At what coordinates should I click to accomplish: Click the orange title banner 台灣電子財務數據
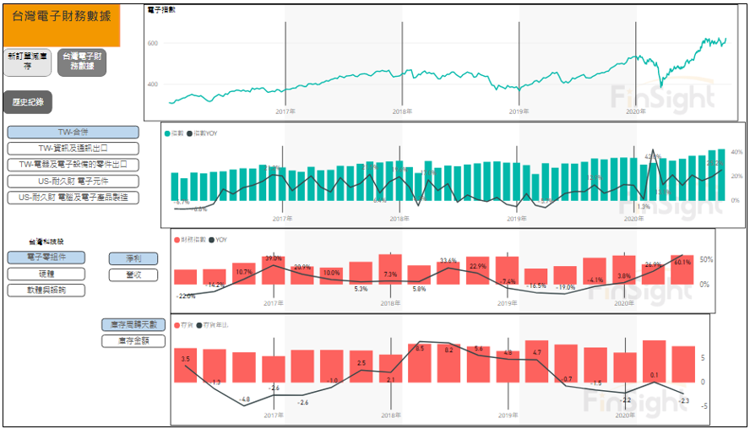coord(62,24)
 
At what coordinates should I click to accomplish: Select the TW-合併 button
coord(73,133)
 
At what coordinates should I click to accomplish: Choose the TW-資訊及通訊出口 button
coord(73,149)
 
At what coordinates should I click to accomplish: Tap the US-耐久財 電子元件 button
coord(73,181)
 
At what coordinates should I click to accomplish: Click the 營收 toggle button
coord(133,274)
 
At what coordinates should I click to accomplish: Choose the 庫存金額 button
coord(133,340)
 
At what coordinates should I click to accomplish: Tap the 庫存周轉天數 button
coord(133,324)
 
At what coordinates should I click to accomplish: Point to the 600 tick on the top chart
coord(153,43)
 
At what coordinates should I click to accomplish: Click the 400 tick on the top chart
coord(153,84)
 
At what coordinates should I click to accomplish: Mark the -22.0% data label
coord(185,296)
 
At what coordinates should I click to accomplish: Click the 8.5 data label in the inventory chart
coord(420,348)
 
